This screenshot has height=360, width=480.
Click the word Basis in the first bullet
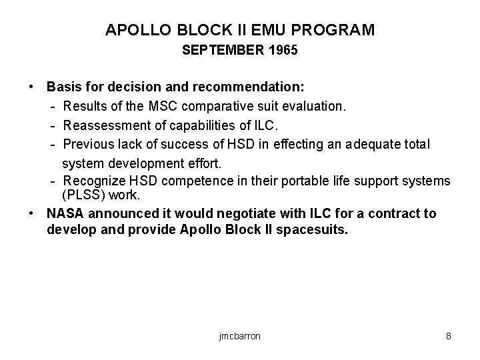coord(62,87)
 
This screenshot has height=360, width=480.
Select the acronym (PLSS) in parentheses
coord(81,195)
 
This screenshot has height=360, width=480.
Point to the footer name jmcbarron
coord(239,336)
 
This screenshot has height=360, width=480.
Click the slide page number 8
coord(449,336)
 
